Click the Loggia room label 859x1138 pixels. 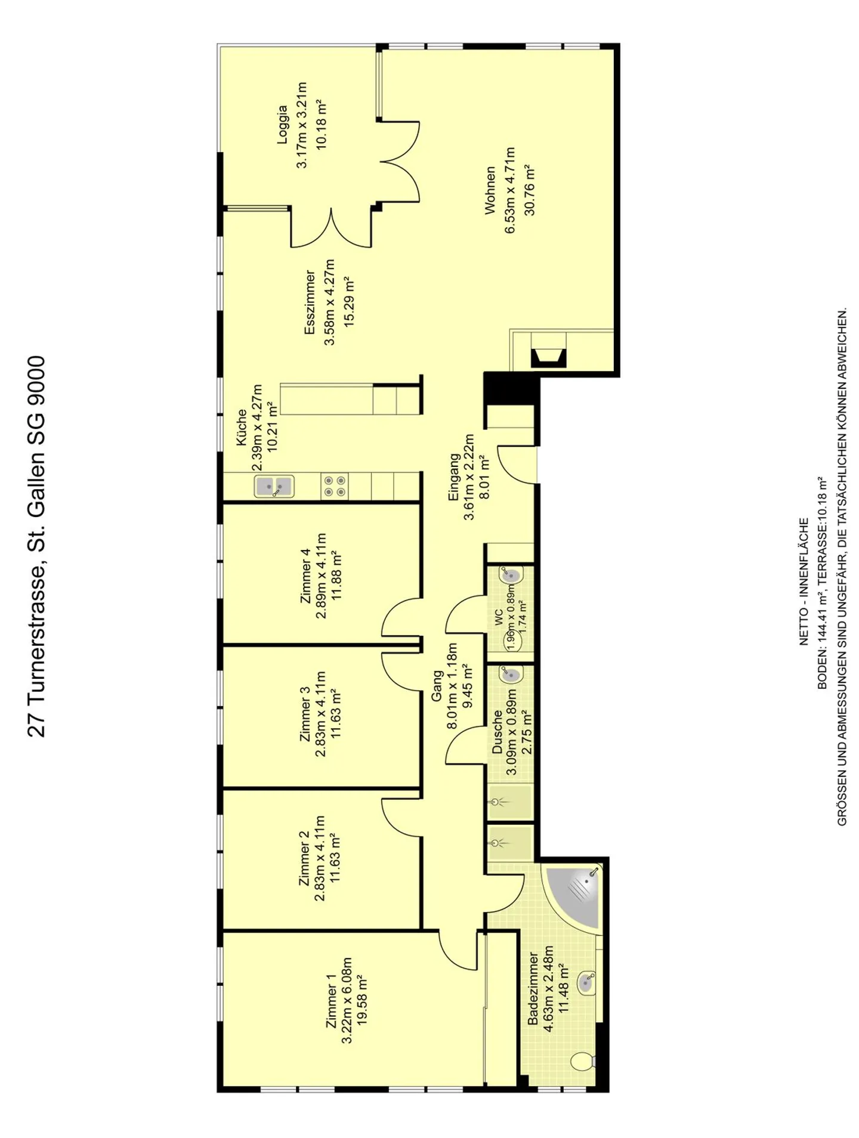point(282,125)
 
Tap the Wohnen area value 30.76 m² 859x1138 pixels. point(529,189)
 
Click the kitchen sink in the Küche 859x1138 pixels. point(274,486)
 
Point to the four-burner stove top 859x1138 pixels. point(335,486)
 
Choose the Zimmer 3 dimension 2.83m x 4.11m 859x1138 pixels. point(321,714)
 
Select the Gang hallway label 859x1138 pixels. point(437,686)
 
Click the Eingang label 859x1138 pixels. point(454,477)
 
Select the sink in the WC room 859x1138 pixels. point(511,576)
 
